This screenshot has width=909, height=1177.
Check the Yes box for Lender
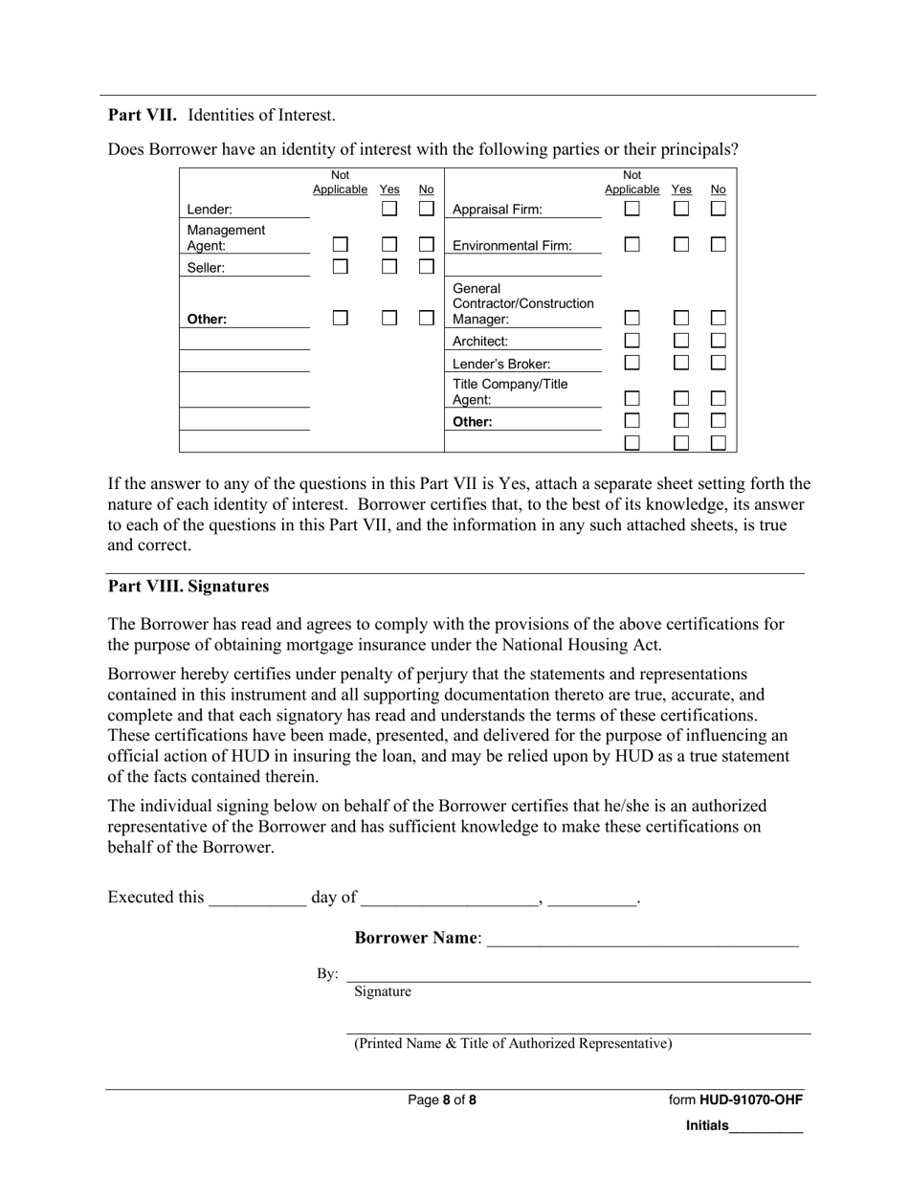(389, 208)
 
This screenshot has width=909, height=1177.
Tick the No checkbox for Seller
(427, 267)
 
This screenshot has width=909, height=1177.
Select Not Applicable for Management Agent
(340, 245)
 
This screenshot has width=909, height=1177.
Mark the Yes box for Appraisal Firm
(681, 208)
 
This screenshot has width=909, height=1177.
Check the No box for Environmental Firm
(718, 245)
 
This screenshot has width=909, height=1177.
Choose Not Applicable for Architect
(632, 341)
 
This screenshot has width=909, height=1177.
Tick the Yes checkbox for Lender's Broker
(681, 363)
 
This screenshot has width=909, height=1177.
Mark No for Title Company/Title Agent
(718, 398)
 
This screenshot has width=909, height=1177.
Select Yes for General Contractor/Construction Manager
(681, 318)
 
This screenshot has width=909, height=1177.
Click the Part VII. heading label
(142, 115)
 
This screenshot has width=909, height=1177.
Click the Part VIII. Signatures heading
(188, 586)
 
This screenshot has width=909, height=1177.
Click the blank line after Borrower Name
(642, 939)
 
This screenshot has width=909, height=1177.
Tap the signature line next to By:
(578, 974)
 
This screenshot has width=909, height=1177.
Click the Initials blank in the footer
(765, 1126)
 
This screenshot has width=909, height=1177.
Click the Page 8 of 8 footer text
(442, 1099)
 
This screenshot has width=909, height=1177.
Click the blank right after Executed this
(257, 898)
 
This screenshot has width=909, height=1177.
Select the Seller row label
(206, 268)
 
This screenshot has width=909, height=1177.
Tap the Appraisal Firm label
(497, 210)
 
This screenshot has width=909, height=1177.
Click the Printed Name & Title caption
(513, 1043)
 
